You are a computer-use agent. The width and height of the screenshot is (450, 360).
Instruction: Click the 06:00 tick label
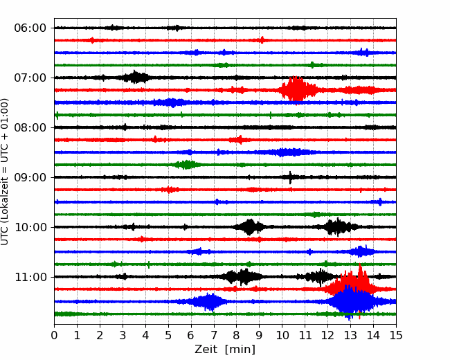point(30,28)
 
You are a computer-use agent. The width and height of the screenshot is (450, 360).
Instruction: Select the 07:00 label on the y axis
point(30,78)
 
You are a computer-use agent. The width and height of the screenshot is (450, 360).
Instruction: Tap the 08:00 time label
point(30,127)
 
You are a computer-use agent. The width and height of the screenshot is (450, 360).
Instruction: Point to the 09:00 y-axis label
point(30,177)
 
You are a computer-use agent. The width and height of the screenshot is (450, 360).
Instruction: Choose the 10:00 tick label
point(30,227)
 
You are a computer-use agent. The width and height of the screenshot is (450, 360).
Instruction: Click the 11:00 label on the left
point(30,277)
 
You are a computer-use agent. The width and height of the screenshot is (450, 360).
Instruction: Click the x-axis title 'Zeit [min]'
point(225,350)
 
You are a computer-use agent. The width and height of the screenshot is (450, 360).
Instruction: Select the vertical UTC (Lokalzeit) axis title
point(5,172)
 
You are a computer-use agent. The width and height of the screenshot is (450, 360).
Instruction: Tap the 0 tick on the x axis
point(54,335)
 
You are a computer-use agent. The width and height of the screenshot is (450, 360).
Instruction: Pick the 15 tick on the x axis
point(396,335)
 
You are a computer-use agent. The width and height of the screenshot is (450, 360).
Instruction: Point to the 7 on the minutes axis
point(214,335)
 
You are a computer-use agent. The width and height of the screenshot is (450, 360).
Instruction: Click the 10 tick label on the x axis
point(282,335)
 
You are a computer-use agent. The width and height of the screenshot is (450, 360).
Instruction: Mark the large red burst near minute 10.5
point(297,89)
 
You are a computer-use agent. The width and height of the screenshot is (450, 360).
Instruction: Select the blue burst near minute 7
point(209,302)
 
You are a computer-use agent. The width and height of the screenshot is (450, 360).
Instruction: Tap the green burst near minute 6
point(187,165)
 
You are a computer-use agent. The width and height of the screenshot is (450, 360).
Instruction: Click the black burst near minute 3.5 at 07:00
point(135,78)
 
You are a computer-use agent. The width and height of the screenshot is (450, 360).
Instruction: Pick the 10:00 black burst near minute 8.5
point(250,227)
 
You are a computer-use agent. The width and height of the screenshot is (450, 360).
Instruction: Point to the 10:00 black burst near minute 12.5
point(339,227)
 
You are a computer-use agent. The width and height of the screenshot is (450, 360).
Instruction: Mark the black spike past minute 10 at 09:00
point(290,177)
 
